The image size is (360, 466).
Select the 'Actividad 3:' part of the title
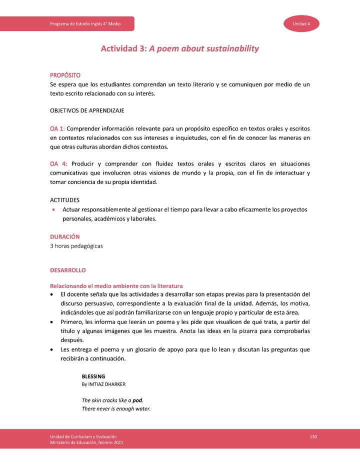124,48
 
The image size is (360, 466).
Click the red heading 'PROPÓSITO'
64,75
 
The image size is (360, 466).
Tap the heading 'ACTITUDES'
64,199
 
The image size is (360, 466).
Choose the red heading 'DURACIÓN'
64,236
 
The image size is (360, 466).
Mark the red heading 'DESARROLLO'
67,270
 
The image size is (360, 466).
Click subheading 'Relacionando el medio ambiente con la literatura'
116,285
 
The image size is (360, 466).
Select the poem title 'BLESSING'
93,376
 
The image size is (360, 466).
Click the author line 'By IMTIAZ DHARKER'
103,384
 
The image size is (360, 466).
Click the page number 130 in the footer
313,437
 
